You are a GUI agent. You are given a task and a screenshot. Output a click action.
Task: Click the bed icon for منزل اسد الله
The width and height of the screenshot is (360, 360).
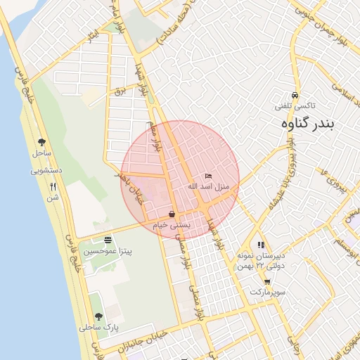coord(208,176)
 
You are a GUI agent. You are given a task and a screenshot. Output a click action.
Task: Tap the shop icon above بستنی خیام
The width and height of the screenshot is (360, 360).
coord(172,214)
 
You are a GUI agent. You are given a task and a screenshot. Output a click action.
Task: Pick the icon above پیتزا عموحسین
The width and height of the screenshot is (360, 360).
coord(107,240)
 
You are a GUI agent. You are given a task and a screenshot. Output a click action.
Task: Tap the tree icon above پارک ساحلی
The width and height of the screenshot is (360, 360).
coord(98,316)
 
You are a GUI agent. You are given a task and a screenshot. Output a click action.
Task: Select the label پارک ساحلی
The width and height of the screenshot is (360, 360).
coord(98,328)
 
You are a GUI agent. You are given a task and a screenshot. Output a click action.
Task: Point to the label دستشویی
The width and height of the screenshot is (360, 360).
coord(47,170)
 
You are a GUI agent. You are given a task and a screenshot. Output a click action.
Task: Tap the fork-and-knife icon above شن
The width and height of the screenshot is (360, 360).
coord(53,187)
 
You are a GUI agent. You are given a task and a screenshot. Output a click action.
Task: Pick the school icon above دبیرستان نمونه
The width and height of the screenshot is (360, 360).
coord(261,245)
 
